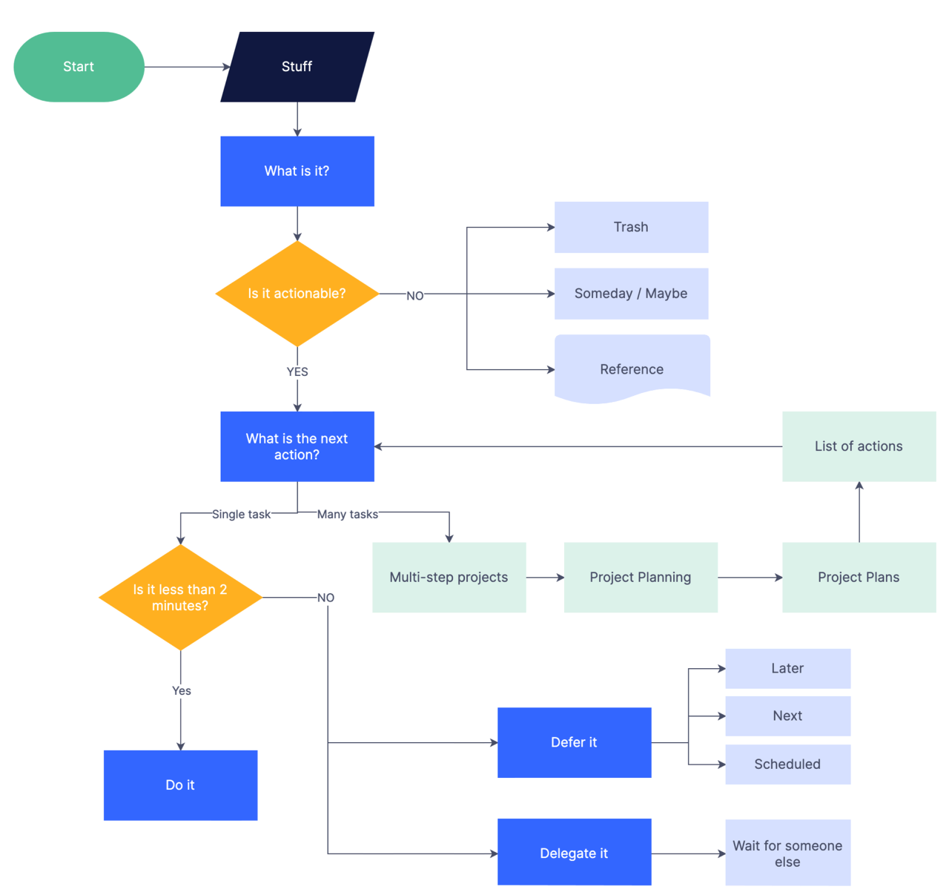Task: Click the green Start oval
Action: (x=79, y=67)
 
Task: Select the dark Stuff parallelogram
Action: (x=297, y=67)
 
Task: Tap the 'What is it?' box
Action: (x=297, y=171)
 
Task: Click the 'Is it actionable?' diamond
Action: (x=297, y=294)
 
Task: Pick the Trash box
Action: (x=631, y=227)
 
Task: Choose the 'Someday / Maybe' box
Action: (x=631, y=294)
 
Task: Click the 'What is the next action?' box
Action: (x=297, y=446)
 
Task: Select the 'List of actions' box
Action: (x=859, y=446)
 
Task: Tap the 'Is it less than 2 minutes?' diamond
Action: (x=180, y=598)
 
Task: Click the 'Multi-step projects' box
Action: (x=449, y=578)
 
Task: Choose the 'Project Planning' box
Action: (x=641, y=578)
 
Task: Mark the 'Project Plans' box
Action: (x=859, y=578)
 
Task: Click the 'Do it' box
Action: (x=180, y=785)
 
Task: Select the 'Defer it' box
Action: (x=574, y=743)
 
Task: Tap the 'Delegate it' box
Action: (x=574, y=853)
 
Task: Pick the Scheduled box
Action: (x=787, y=764)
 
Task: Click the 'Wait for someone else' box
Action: (x=787, y=853)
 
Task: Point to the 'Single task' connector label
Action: (x=241, y=515)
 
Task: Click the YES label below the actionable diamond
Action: (x=297, y=372)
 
